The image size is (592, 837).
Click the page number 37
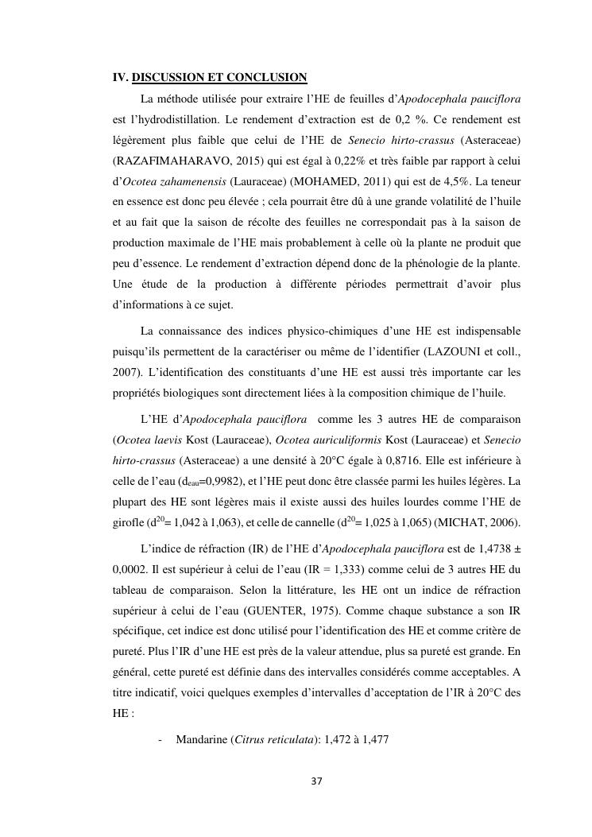pos(316,781)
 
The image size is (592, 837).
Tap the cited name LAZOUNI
pos(430,350)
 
